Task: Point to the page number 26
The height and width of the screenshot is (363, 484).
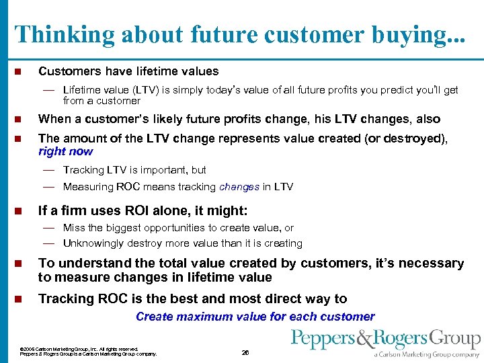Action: [245, 352]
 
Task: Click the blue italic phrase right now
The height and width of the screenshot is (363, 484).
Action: [65, 151]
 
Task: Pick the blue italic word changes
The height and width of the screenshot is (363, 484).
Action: [239, 187]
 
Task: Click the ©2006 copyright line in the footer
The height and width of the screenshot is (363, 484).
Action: [79, 349]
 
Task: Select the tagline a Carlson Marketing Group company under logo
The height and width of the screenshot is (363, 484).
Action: [428, 354]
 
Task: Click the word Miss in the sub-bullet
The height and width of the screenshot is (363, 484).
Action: [74, 229]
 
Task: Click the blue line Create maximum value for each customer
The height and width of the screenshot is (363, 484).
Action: [255, 316]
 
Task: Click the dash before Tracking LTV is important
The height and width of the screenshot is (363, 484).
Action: [49, 170]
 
